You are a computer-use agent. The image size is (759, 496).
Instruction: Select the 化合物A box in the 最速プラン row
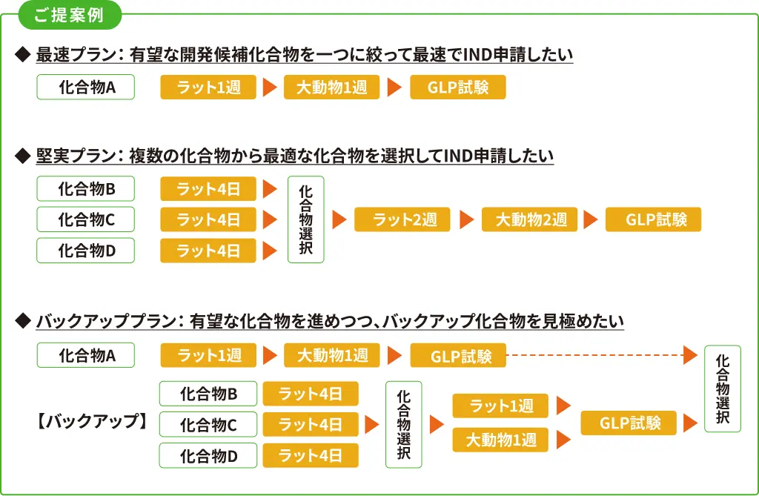(x=86, y=87)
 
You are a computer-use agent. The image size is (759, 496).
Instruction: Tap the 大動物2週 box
(x=531, y=220)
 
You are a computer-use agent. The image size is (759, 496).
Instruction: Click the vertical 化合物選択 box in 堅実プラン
(x=305, y=219)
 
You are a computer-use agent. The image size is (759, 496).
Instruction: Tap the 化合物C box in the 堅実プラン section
(x=86, y=219)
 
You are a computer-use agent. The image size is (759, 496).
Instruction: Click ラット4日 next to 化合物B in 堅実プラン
(x=208, y=189)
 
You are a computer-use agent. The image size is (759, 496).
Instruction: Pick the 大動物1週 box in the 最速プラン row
(x=331, y=87)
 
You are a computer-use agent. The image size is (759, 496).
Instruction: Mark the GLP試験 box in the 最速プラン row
(x=458, y=87)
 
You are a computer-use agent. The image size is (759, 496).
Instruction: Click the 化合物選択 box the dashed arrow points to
(x=723, y=388)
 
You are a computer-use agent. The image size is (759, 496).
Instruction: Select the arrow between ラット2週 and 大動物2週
(x=466, y=220)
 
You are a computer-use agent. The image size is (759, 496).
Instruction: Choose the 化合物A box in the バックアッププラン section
(x=86, y=355)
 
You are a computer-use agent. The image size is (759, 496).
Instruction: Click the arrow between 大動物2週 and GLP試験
(x=590, y=220)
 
